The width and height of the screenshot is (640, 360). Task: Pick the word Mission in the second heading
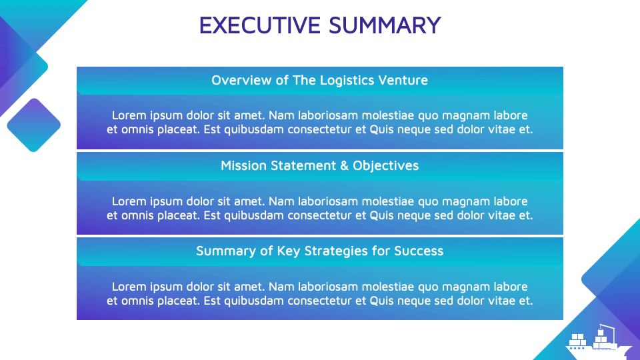coord(242,166)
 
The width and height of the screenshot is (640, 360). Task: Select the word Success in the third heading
coord(419,251)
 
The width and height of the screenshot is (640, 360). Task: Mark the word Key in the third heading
coord(291,251)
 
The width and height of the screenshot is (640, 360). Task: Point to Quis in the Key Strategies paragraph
coord(381,301)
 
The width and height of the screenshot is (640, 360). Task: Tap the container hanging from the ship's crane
coord(600,332)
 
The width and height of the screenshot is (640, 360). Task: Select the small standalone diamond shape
coord(33,125)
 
